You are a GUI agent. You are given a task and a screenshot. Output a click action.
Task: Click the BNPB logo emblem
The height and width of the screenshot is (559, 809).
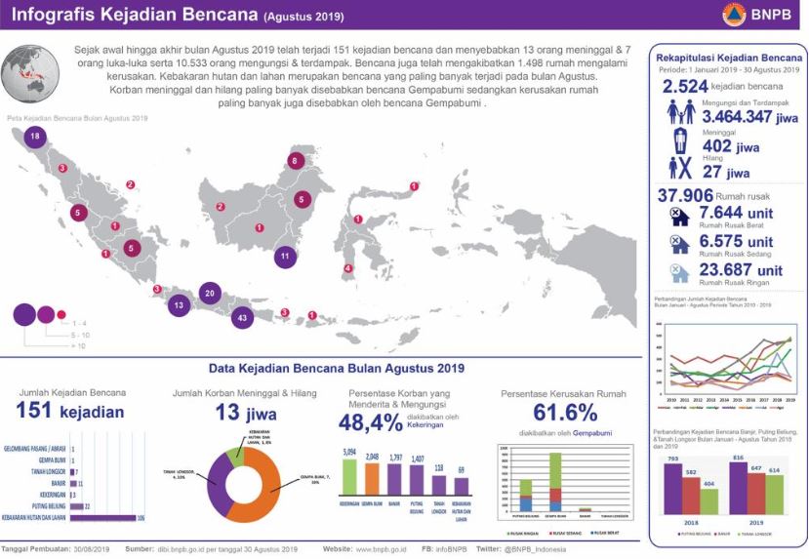coord(733,14)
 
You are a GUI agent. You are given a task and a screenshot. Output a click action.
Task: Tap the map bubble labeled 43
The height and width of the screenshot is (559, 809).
coord(243,317)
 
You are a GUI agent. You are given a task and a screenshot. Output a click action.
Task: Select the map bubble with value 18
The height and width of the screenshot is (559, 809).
coord(36,138)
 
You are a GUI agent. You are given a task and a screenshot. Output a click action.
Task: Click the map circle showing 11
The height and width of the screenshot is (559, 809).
coord(284,257)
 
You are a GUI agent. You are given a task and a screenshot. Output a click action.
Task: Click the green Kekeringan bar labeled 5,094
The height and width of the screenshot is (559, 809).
coord(348,477)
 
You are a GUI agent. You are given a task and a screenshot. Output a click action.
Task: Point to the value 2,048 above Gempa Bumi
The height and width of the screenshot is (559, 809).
coord(370,456)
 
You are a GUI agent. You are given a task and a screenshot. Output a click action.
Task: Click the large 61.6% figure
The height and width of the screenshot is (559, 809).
coord(549,412)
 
